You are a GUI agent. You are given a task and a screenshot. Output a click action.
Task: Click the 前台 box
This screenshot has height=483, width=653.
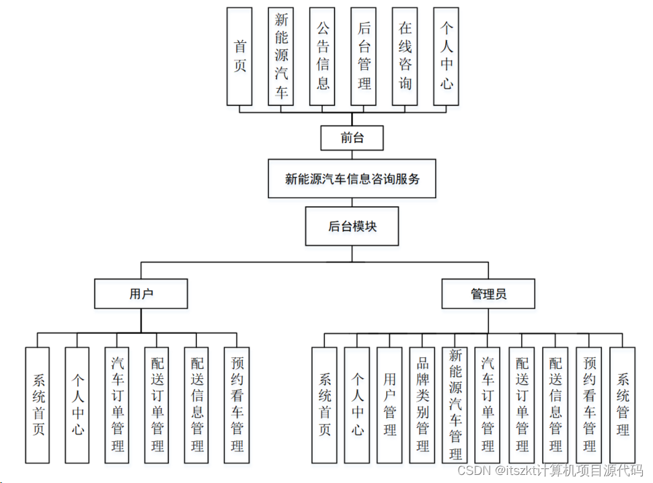(x=352, y=138)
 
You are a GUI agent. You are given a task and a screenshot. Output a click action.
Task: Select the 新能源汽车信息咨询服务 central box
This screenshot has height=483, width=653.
(x=352, y=179)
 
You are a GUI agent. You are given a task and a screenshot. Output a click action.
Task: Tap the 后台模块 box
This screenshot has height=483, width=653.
(x=352, y=226)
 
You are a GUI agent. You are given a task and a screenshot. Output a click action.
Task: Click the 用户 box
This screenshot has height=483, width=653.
(x=141, y=294)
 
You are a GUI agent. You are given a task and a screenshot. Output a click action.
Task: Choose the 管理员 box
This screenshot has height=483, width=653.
(x=488, y=294)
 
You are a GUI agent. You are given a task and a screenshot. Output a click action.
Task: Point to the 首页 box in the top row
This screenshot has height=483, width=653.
(x=240, y=56)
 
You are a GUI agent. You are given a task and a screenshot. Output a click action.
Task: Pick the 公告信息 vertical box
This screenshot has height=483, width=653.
(x=322, y=56)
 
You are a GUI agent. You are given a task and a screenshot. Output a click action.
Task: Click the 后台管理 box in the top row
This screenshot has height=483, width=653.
(x=364, y=56)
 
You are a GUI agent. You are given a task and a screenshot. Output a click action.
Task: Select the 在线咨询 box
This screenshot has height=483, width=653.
(x=405, y=56)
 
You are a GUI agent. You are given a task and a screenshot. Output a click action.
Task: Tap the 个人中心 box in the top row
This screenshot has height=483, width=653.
(x=446, y=56)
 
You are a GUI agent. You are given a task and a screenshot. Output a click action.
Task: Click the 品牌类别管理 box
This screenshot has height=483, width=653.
(x=422, y=405)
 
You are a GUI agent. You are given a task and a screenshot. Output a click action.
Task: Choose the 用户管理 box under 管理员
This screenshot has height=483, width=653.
(x=389, y=405)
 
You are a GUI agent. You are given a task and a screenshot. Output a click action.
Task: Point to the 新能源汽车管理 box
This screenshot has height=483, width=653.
(x=455, y=405)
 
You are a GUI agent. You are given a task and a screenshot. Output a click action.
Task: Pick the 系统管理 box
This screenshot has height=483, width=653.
(x=622, y=405)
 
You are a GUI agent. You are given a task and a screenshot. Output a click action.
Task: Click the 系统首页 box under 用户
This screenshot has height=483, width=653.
(x=38, y=405)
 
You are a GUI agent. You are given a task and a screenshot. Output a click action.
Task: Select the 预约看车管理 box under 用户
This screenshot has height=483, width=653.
(x=237, y=405)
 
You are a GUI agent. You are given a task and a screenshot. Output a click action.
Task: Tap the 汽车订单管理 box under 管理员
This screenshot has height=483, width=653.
(x=488, y=405)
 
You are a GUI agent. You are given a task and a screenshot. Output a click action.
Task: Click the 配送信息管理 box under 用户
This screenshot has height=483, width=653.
(x=196, y=405)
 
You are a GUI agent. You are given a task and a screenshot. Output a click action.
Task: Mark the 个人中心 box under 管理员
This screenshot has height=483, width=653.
(x=357, y=405)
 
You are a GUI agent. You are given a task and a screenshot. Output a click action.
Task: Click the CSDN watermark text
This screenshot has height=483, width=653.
(x=550, y=470)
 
